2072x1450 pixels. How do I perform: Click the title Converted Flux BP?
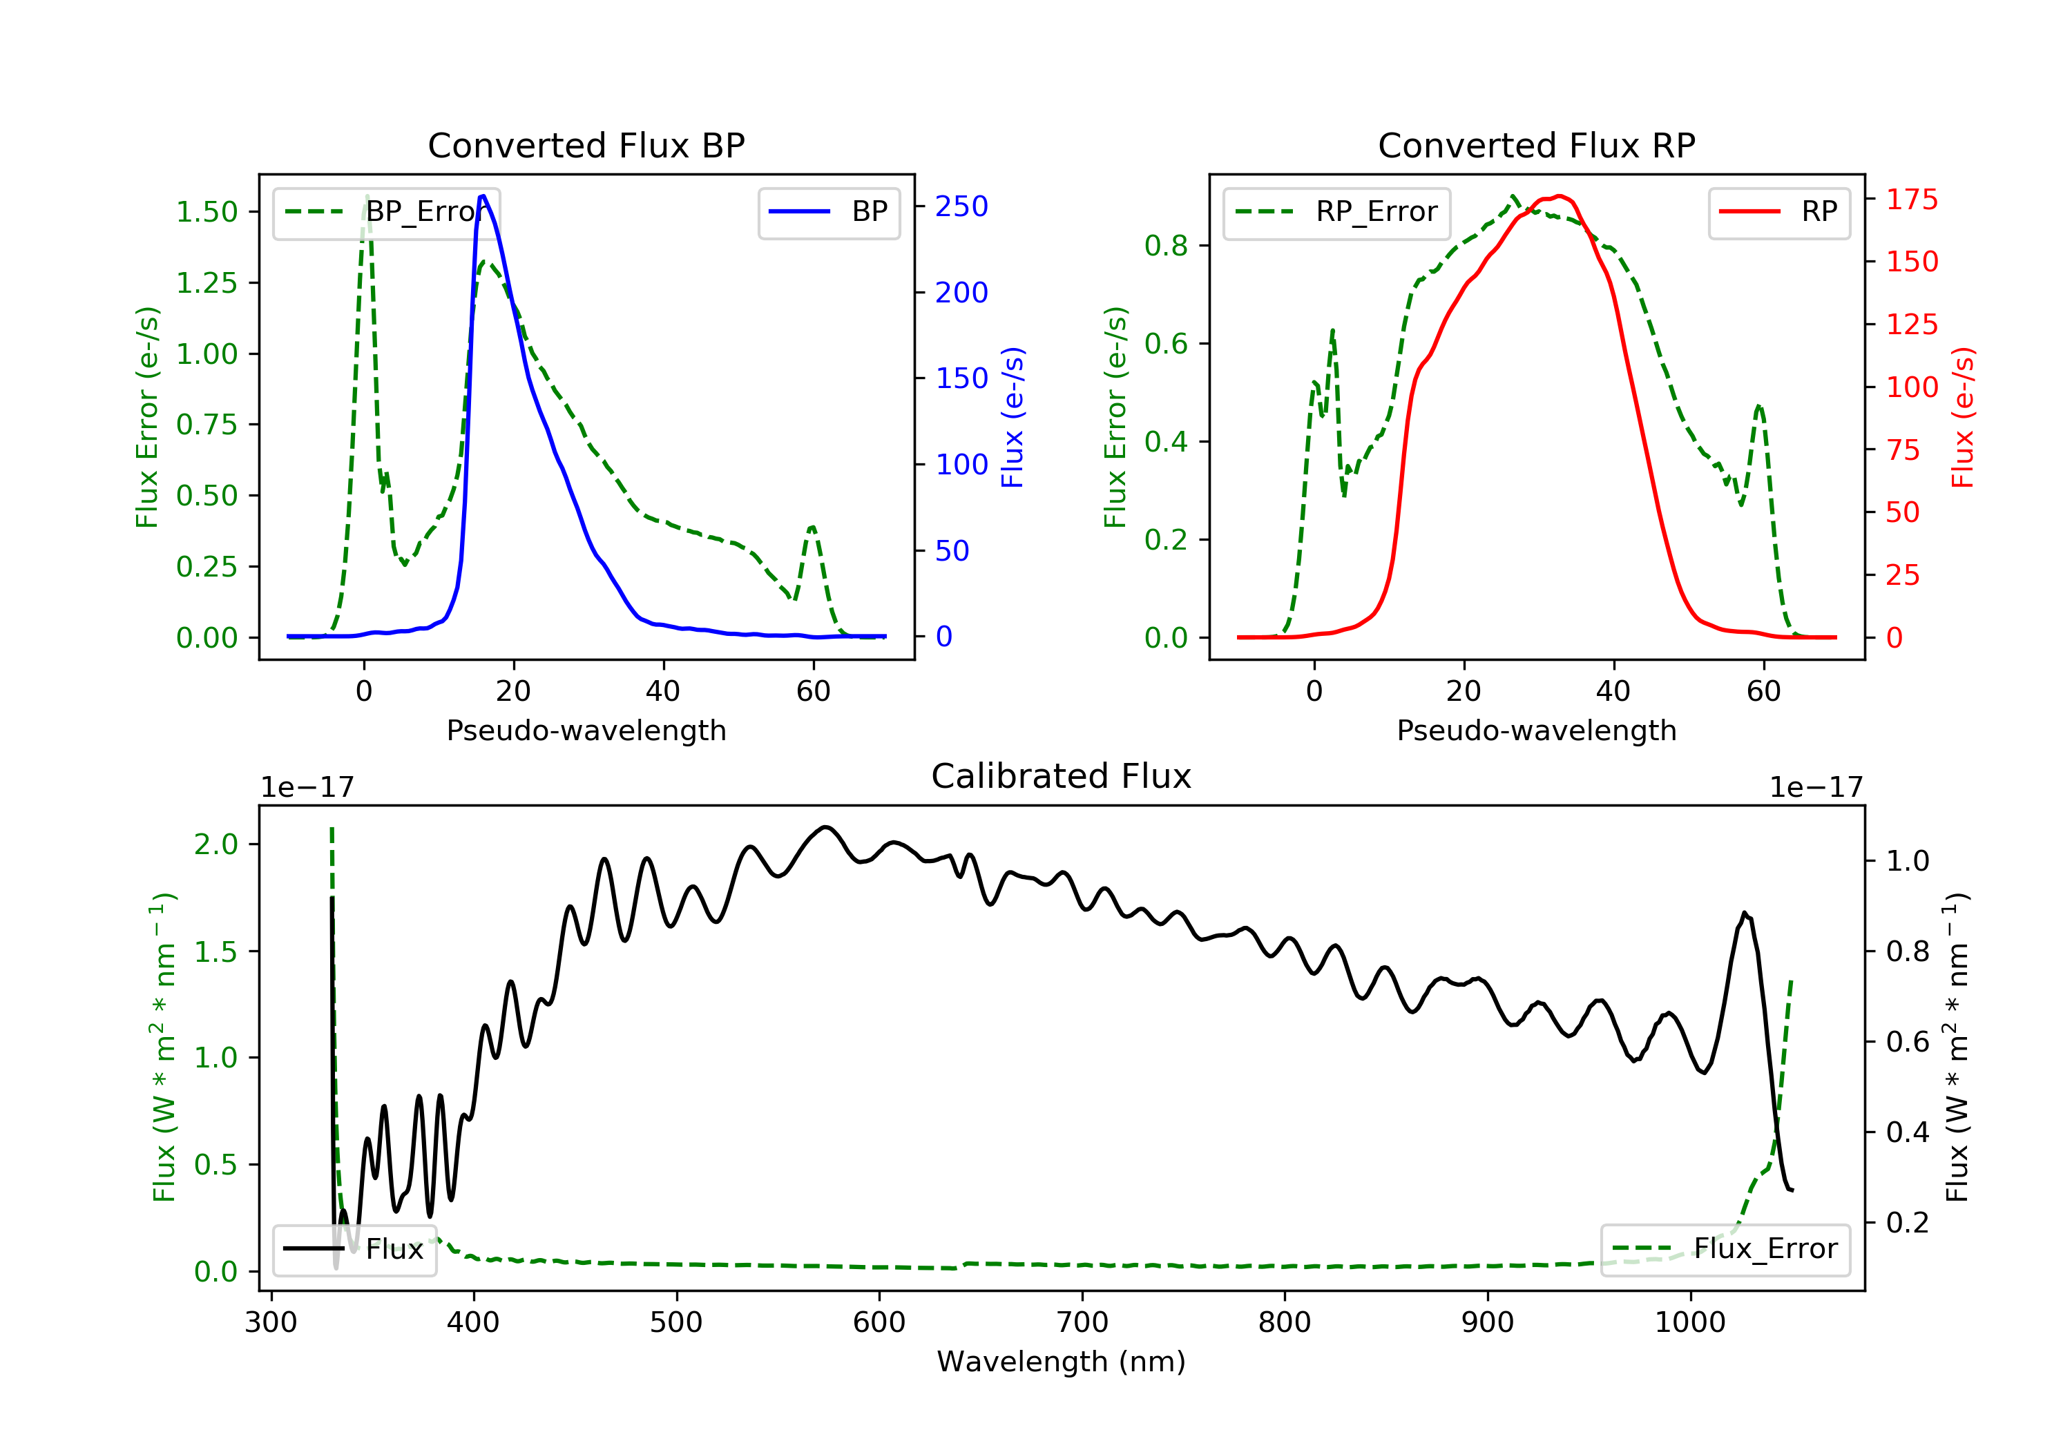[x=586, y=145]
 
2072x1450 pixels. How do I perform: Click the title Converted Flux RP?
[x=1536, y=145]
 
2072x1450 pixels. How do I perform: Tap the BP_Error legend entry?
[x=386, y=213]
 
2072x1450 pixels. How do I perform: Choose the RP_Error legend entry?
[x=1336, y=213]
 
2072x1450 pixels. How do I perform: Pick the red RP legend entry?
[x=1778, y=213]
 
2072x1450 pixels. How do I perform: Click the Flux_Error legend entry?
[x=1725, y=1250]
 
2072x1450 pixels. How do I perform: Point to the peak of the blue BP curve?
[x=483, y=196]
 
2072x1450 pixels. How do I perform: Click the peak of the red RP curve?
[x=1559, y=196]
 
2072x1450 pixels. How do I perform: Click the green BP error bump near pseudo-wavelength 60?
[x=812, y=527]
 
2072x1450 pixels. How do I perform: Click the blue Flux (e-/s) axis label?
[x=1013, y=418]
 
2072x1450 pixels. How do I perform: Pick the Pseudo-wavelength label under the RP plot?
[x=1536, y=730]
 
